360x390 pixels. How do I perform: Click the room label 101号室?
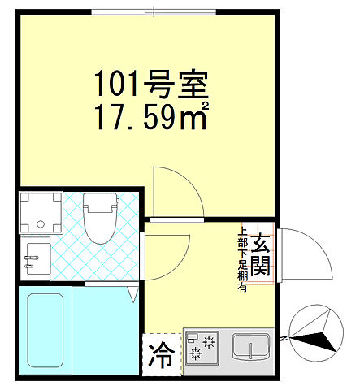coord(152,84)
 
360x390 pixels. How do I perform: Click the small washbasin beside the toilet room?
coord(37,259)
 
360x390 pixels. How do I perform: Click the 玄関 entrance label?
coord(260,254)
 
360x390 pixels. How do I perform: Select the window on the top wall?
coord(155,11)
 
